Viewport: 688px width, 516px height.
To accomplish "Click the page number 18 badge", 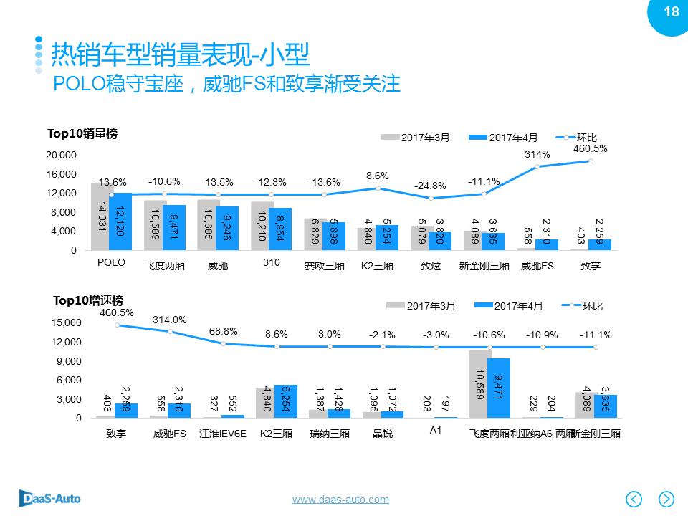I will pyautogui.click(x=671, y=12).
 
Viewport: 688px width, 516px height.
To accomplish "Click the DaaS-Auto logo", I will pyautogui.click(x=49, y=497).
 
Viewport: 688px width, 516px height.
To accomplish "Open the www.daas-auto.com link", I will pyautogui.click(x=340, y=500).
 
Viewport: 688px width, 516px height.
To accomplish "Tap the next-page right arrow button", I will pyautogui.click(x=666, y=498).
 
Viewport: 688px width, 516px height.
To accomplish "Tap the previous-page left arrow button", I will pyautogui.click(x=634, y=498).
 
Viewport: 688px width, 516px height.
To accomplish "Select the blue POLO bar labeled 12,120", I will pyautogui.click(x=121, y=222).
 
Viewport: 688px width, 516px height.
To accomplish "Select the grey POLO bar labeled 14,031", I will pyautogui.click(x=101, y=217).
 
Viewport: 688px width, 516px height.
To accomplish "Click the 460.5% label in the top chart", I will pyautogui.click(x=590, y=149).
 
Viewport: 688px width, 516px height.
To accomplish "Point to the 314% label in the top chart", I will pyautogui.click(x=537, y=154).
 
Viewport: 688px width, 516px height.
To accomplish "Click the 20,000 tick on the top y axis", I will pyautogui.click(x=61, y=156).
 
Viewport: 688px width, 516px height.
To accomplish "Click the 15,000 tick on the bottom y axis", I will pyautogui.click(x=67, y=323).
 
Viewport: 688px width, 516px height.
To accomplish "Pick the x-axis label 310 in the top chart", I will pyautogui.click(x=271, y=263).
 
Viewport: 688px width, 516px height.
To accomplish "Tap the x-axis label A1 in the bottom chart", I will pyautogui.click(x=435, y=431).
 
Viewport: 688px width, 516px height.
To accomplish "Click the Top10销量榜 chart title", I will pyautogui.click(x=82, y=133).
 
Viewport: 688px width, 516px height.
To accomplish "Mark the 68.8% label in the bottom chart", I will pyautogui.click(x=223, y=332).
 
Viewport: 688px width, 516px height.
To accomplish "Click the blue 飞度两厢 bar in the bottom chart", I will pyautogui.click(x=499, y=388).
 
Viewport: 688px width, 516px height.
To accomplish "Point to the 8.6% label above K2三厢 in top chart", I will pyautogui.click(x=377, y=176).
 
